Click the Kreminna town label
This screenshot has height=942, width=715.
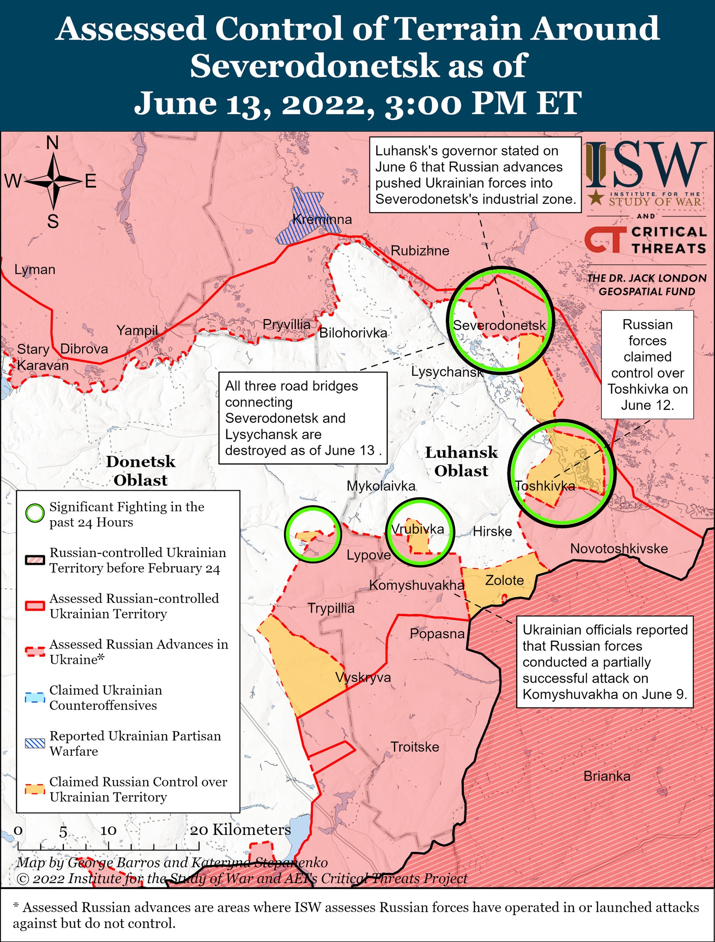pyautogui.click(x=322, y=219)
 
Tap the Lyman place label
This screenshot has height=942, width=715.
pyautogui.click(x=35, y=270)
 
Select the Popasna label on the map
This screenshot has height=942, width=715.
pyautogui.click(x=437, y=634)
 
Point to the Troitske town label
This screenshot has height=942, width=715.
pyautogui.click(x=415, y=747)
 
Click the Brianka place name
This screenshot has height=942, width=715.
pyautogui.click(x=606, y=776)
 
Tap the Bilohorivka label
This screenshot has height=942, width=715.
pyautogui.click(x=353, y=333)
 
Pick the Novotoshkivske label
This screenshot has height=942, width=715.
pyautogui.click(x=619, y=548)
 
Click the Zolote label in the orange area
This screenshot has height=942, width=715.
pyautogui.click(x=504, y=580)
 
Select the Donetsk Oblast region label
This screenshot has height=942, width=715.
pyautogui.click(x=140, y=471)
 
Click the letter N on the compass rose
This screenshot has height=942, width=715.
pyautogui.click(x=53, y=144)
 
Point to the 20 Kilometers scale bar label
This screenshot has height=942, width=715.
pyautogui.click(x=241, y=830)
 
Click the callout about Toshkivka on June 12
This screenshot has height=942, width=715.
pyautogui.click(x=647, y=364)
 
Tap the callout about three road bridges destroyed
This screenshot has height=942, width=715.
pyautogui.click(x=303, y=418)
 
